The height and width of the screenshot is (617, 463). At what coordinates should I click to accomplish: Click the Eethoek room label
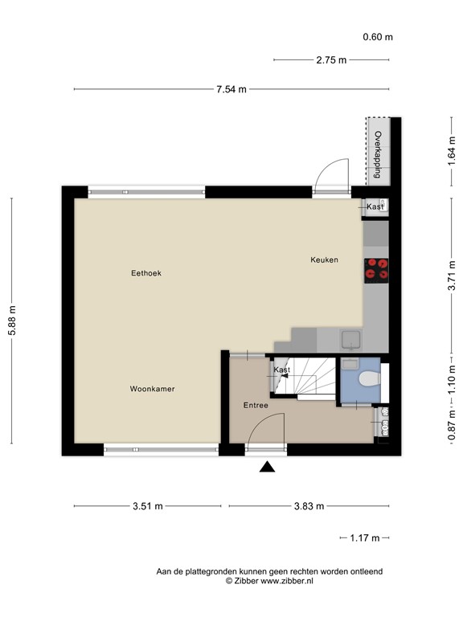click(x=146, y=273)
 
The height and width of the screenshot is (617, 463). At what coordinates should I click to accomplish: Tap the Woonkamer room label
click(x=152, y=389)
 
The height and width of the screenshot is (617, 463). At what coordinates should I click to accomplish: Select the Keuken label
click(x=325, y=259)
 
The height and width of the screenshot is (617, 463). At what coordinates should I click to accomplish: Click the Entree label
click(x=256, y=406)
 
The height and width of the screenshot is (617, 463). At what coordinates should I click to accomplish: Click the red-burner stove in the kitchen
click(x=376, y=271)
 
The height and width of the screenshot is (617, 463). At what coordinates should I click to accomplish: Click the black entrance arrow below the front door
click(x=268, y=468)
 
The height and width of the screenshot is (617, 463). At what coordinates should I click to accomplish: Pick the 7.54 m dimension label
click(x=231, y=89)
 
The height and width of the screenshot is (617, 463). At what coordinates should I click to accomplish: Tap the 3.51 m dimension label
click(x=147, y=506)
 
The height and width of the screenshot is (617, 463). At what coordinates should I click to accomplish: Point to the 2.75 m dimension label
click(x=330, y=59)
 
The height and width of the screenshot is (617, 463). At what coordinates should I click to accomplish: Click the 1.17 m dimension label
click(x=364, y=537)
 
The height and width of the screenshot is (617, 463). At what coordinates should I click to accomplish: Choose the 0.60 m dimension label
click(x=377, y=37)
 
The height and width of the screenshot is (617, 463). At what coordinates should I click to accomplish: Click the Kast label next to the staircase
click(x=281, y=370)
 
